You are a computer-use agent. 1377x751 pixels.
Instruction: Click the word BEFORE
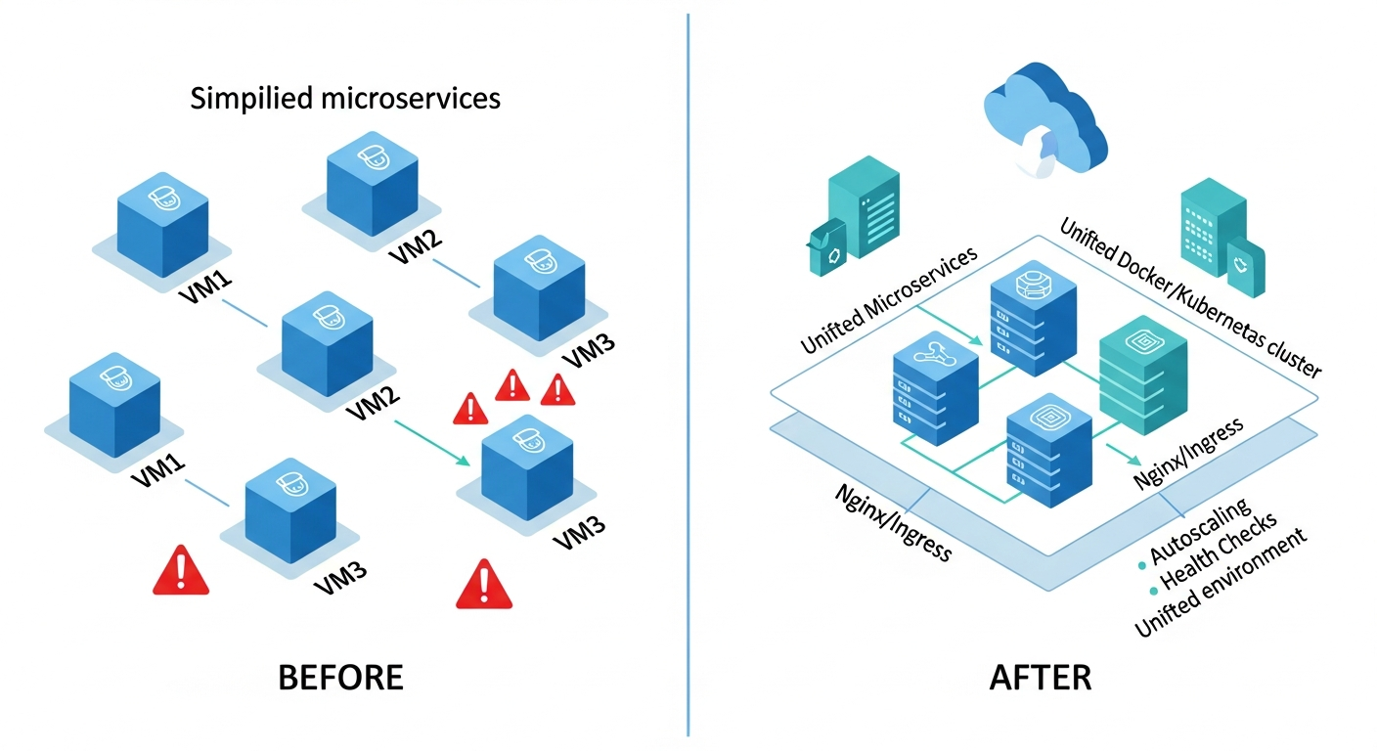coord(340,678)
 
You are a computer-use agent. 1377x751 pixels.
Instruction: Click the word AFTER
coord(1041,678)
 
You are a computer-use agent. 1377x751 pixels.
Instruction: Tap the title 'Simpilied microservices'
coord(345,99)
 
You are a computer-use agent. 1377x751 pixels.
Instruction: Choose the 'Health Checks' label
coord(1219,553)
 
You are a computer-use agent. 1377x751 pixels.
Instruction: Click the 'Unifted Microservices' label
coord(889,301)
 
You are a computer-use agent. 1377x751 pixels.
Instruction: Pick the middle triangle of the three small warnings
coord(513,386)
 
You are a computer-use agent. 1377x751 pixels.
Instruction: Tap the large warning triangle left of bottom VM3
coord(181,571)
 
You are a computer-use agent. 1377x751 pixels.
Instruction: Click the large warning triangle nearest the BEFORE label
coord(484,584)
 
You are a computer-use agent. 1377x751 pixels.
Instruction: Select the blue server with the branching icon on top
coord(935,385)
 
